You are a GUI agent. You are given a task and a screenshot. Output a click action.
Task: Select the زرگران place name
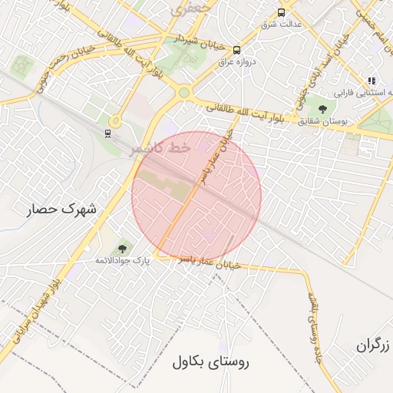(x=374, y=345)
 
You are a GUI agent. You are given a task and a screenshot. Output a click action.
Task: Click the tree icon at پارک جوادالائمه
(x=122, y=248)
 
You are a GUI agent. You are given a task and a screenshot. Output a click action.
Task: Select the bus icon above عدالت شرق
(x=281, y=12)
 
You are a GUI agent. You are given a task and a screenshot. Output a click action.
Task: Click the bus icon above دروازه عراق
(x=236, y=50)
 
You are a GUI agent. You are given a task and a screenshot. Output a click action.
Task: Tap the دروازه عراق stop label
(x=237, y=62)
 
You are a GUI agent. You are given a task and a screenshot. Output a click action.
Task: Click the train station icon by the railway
(x=108, y=134)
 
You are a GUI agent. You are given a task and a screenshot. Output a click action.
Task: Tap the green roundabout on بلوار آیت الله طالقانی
(x=183, y=94)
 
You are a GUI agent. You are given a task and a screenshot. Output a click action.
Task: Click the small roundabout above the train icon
(x=115, y=121)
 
